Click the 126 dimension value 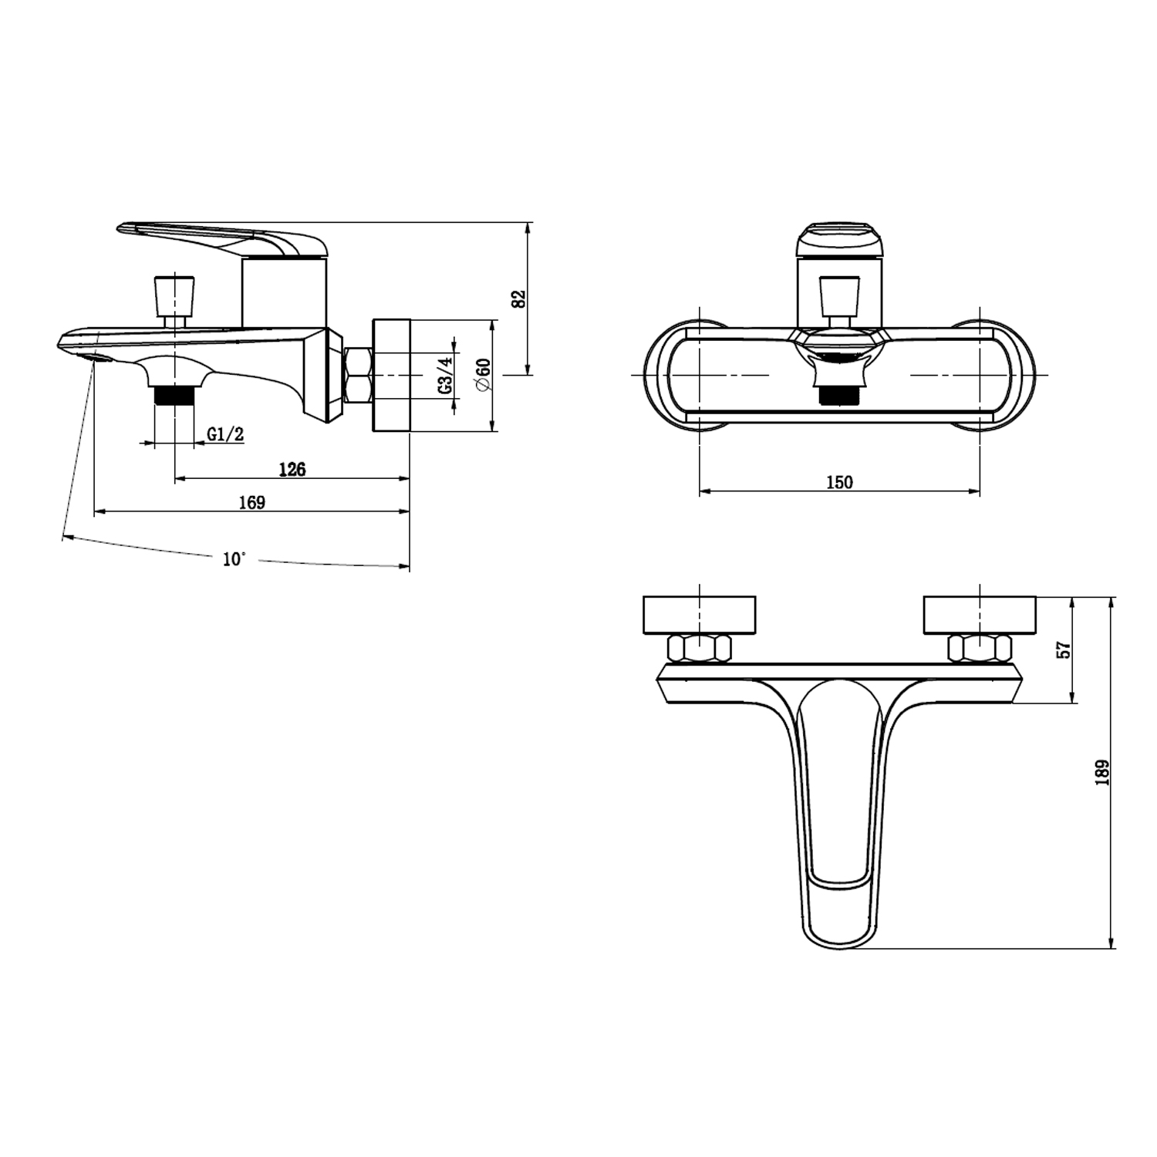coord(292,469)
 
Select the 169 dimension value coord(251,503)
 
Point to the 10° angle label coord(234,559)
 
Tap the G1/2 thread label coord(225,434)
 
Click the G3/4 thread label coord(447,375)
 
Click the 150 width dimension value coord(839,483)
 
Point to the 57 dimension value coord(1064,649)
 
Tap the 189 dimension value coord(1102,773)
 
